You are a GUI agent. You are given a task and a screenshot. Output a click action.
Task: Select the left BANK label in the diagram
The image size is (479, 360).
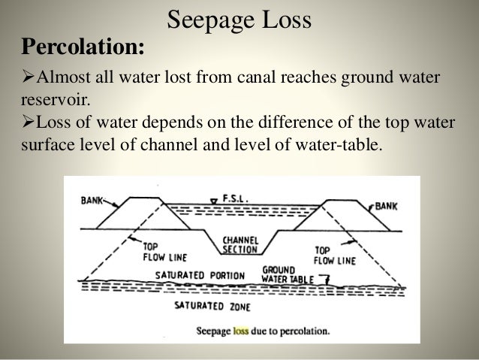[92, 201]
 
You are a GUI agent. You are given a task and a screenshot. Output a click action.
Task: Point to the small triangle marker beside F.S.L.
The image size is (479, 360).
[214, 201]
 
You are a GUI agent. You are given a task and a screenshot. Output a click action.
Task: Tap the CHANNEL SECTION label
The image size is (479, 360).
[240, 245]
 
